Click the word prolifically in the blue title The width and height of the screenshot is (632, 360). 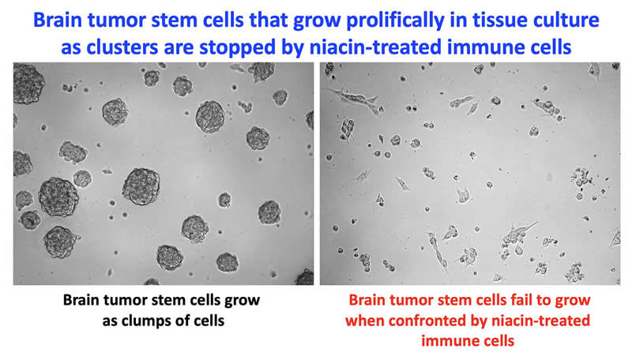pyautogui.click(x=395, y=21)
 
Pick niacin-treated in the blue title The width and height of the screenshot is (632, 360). pyautogui.click(x=376, y=47)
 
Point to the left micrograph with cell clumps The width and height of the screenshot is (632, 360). pyautogui.click(x=164, y=174)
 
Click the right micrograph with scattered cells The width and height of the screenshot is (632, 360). pyautogui.click(x=470, y=174)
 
